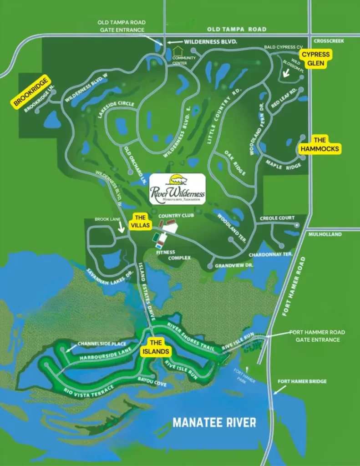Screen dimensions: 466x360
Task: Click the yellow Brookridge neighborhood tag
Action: coord(30,91)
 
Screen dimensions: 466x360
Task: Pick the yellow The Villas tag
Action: coord(139,221)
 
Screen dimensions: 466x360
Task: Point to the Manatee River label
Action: coord(214,422)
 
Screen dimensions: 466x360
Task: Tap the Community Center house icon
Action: coord(177,49)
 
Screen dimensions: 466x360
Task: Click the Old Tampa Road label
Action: coord(237,29)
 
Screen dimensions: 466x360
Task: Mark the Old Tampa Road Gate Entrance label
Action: coord(122,26)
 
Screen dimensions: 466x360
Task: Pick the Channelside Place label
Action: coord(101,344)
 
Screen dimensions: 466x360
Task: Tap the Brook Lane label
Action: coord(107,219)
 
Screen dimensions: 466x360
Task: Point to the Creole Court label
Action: coord(277,218)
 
